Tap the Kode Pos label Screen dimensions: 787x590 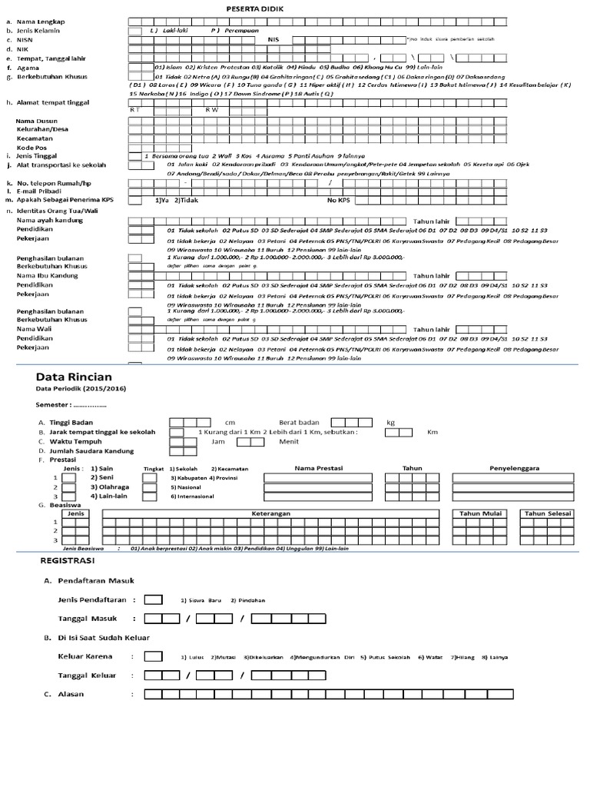[x=32, y=147]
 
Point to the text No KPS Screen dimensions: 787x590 [x=339, y=201]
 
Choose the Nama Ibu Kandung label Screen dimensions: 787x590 [x=47, y=275]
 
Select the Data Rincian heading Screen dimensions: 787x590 [x=75, y=377]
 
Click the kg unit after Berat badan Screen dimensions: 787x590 [x=390, y=423]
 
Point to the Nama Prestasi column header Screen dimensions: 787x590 [x=320, y=468]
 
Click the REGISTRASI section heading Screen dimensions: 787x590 [x=67, y=562]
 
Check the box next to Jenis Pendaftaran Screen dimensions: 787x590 [x=153, y=599]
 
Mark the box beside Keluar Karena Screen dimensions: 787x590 [x=153, y=656]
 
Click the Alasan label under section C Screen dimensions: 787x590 [x=71, y=695]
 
